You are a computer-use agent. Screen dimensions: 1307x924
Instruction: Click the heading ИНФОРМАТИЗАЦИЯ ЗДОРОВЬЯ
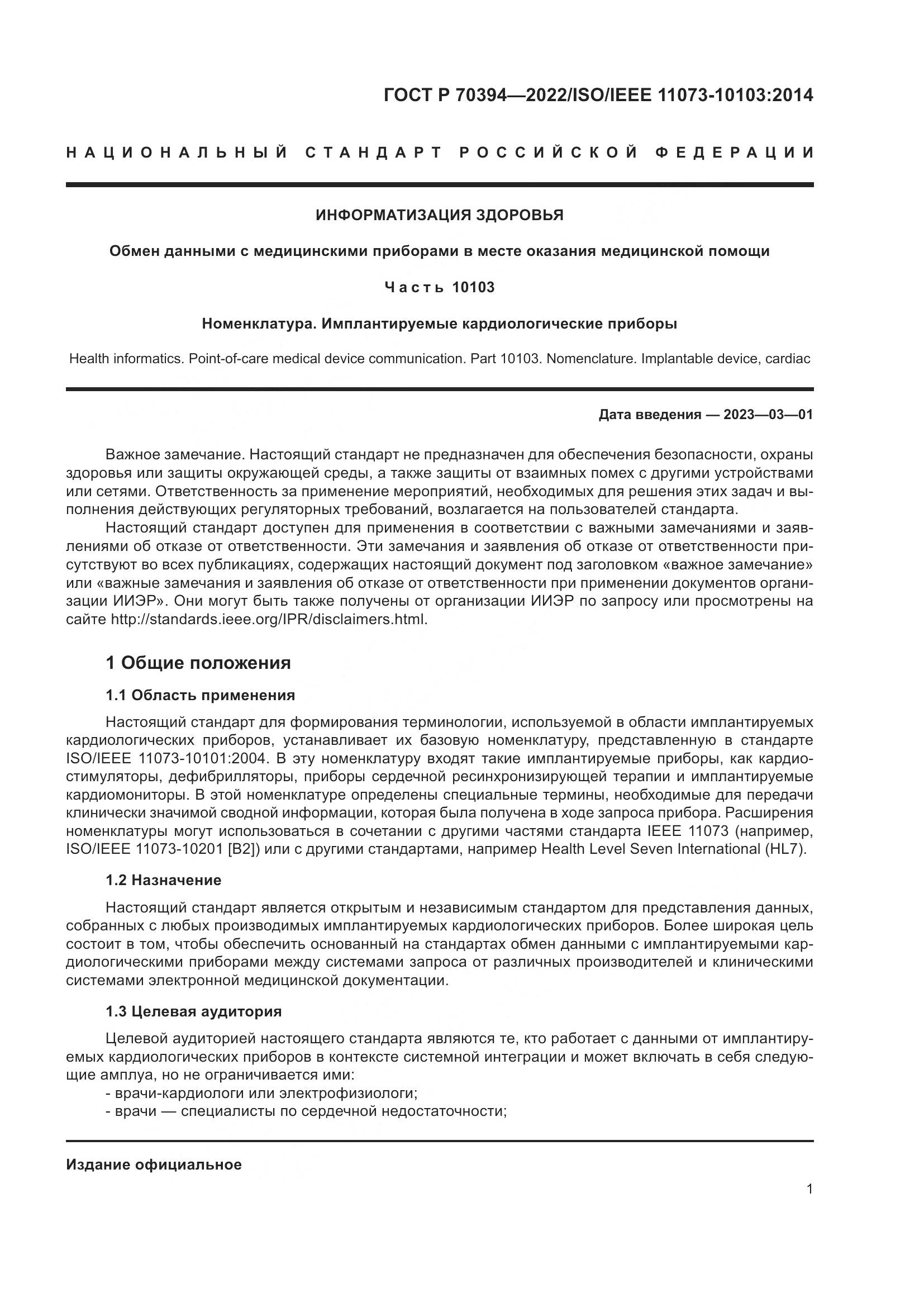pos(439,215)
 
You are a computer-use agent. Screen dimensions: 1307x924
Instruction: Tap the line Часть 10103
pos(439,287)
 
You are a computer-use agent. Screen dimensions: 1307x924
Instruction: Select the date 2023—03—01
pos(768,415)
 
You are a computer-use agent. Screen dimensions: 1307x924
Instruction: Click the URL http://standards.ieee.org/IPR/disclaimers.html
pos(269,619)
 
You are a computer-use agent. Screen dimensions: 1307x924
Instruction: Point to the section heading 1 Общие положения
pos(198,663)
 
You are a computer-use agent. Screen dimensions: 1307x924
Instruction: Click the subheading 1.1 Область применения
pos(201,695)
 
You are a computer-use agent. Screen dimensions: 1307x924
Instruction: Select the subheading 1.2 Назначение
pos(163,880)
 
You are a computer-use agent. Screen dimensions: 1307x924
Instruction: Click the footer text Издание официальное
pos(154,1165)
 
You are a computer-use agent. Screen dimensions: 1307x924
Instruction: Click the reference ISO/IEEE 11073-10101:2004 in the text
pos(175,759)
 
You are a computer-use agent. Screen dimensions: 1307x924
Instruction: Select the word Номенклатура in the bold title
pos(259,324)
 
